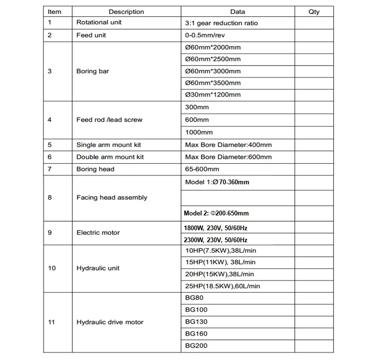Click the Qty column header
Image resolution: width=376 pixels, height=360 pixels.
point(314,11)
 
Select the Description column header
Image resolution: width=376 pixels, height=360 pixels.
point(126,11)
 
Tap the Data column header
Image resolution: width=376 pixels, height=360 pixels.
point(237,11)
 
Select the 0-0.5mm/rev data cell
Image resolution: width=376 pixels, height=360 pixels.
point(205,35)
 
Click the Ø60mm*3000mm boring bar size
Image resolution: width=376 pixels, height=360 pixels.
point(213,71)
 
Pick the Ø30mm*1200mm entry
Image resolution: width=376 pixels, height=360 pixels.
point(213,95)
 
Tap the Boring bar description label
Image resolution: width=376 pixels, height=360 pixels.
point(92,71)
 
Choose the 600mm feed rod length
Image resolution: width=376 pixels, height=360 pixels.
point(197,120)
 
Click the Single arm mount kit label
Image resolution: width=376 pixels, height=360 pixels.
point(109,145)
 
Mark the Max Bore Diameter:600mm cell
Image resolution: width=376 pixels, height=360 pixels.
point(228,157)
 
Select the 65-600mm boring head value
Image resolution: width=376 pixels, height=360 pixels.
point(202,169)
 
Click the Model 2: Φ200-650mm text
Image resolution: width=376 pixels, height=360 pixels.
point(216,213)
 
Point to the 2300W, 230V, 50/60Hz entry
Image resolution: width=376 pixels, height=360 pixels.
point(216,240)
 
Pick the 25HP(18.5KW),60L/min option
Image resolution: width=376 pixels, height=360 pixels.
point(222,286)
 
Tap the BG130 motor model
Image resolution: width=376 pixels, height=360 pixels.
point(196,322)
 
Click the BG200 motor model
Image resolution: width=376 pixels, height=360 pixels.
point(196,346)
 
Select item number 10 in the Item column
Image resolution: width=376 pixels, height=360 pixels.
point(52,268)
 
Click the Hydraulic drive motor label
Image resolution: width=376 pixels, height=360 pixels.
point(109,322)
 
